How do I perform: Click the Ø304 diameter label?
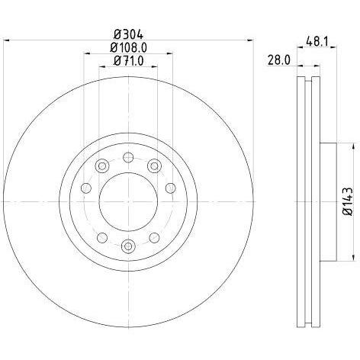pos(129,33)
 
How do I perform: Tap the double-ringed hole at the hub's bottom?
pos(128,245)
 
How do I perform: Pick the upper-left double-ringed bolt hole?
pos(101,165)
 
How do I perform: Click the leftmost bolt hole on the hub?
pos(85,188)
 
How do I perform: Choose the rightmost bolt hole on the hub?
pos(171,188)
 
